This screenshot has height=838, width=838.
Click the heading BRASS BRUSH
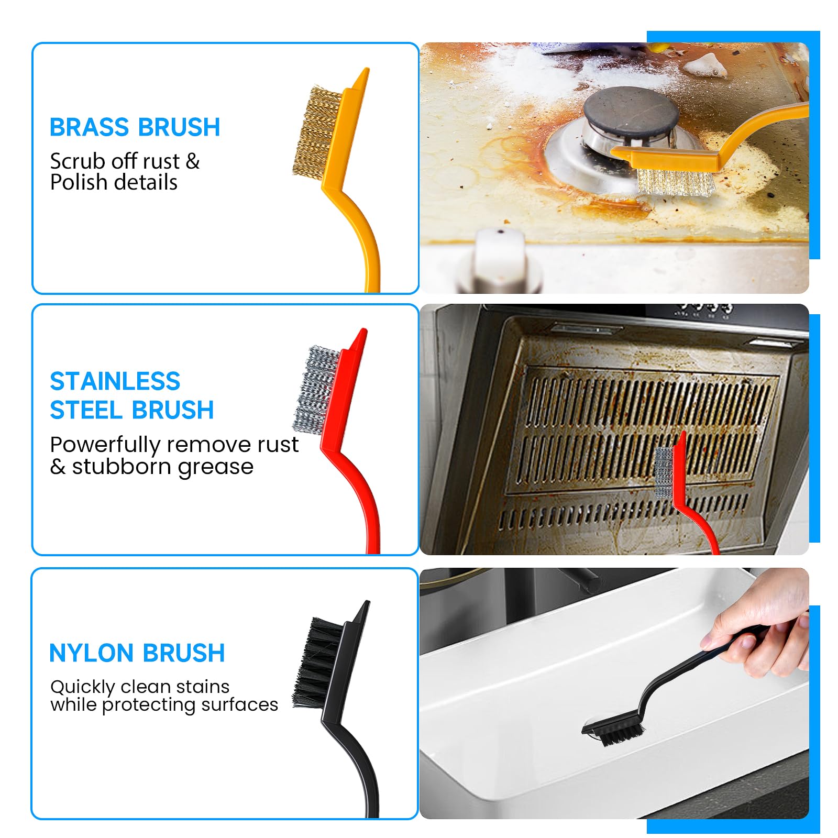135,127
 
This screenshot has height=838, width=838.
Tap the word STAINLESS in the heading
115,381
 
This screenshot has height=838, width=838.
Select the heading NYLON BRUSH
137,653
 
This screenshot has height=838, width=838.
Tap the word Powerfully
105,445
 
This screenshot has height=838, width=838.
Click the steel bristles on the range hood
664,472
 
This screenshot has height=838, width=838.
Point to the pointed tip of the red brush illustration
362,333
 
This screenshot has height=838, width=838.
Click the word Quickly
82,687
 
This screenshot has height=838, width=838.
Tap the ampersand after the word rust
193,161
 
